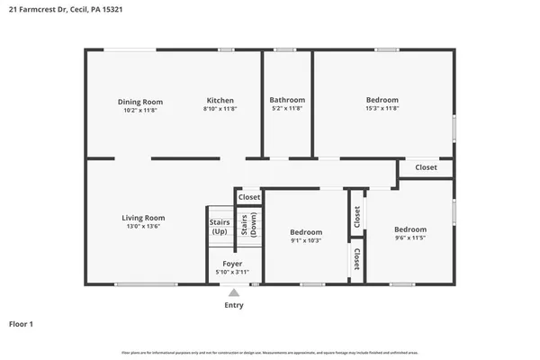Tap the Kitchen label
pyautogui.click(x=220, y=101)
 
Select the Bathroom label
pyautogui.click(x=287, y=100)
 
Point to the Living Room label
pyautogui.click(x=144, y=218)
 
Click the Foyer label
pyautogui.click(x=232, y=264)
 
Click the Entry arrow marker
pyautogui.click(x=233, y=292)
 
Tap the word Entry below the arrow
pyautogui.click(x=233, y=305)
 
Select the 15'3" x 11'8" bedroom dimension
pyautogui.click(x=382, y=110)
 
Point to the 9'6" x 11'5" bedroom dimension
pyautogui.click(x=410, y=239)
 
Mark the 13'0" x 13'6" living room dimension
pyautogui.click(x=144, y=228)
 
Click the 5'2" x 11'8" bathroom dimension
pyautogui.click(x=287, y=110)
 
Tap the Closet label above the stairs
pyautogui.click(x=249, y=196)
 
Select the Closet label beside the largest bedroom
pyautogui.click(x=426, y=167)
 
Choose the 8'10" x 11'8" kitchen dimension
pyautogui.click(x=220, y=110)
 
